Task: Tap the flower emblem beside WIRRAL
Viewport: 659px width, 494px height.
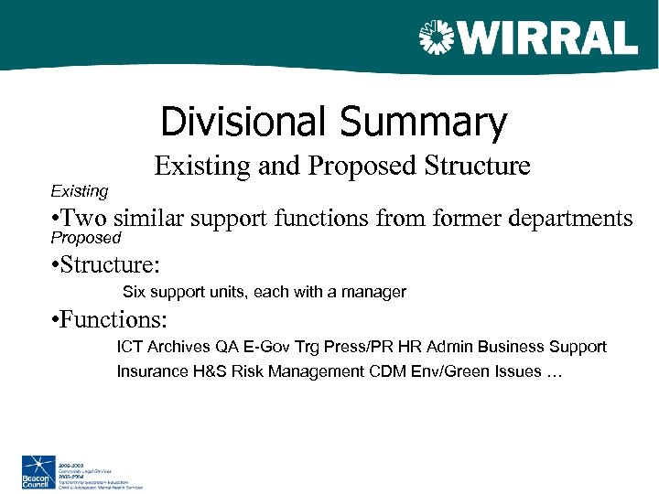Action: [x=437, y=38]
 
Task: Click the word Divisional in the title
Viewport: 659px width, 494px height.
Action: [x=243, y=123]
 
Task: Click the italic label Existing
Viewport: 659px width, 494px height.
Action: [x=79, y=191]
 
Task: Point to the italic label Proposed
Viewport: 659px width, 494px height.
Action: [x=85, y=238]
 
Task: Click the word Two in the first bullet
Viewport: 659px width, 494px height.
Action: [x=86, y=219]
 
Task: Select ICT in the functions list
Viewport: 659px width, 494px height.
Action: [x=129, y=348]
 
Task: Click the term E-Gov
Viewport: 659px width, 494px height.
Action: [x=266, y=348]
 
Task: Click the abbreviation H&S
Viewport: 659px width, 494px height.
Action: [x=203, y=371]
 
